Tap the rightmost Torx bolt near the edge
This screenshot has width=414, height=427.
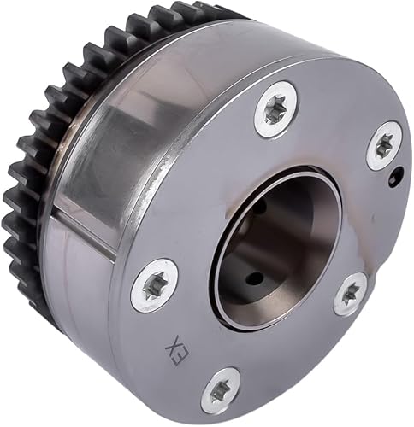(x=383, y=145)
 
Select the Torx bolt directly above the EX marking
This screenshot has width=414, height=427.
(x=155, y=285)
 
